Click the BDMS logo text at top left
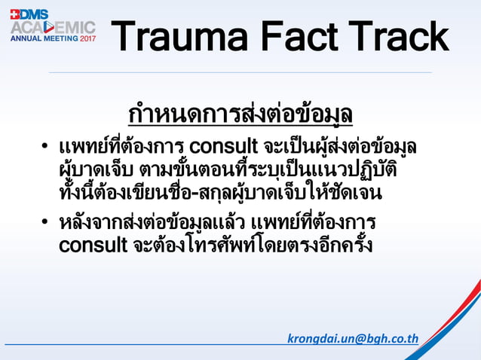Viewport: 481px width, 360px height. click(x=29, y=14)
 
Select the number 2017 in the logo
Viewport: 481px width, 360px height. click(x=87, y=38)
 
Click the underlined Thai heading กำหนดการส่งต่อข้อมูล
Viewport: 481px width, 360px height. click(x=240, y=114)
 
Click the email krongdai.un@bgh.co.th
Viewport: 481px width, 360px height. click(x=353, y=338)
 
